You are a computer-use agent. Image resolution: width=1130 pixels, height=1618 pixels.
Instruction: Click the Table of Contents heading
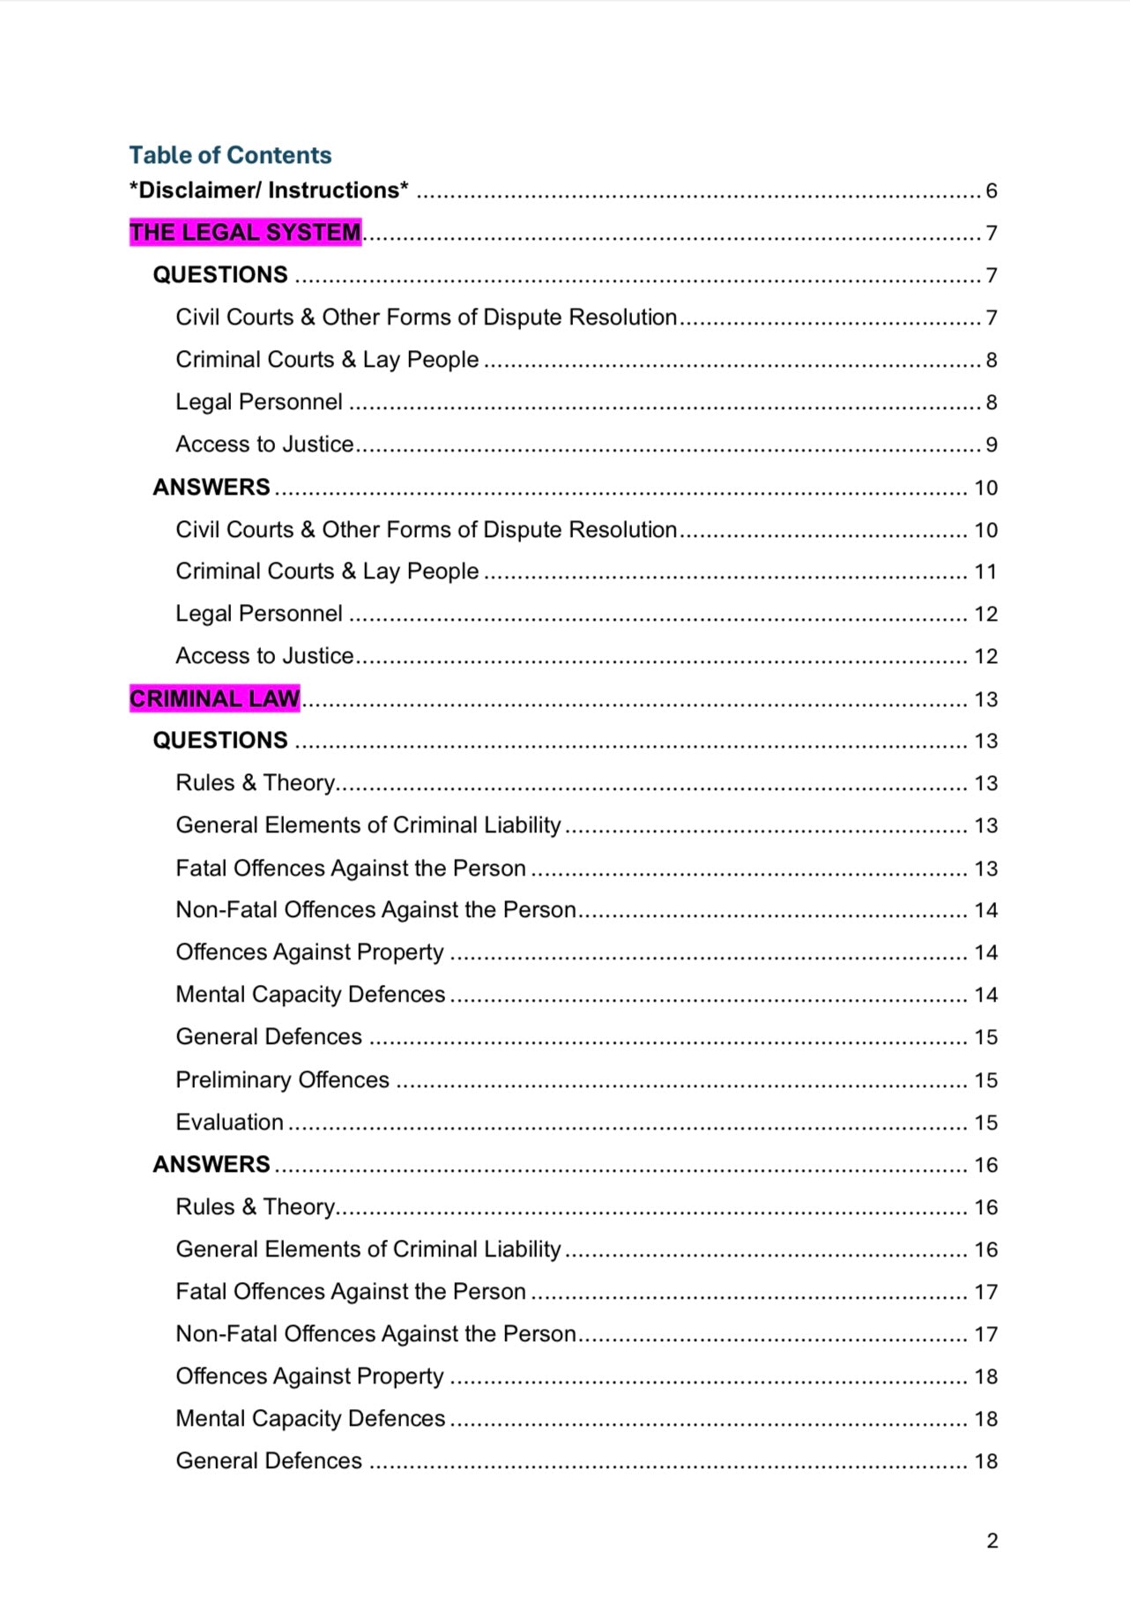[x=230, y=155]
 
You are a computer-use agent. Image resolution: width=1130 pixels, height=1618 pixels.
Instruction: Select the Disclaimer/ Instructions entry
[x=269, y=190]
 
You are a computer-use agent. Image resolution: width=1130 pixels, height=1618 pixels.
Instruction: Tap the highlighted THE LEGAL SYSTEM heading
[x=245, y=233]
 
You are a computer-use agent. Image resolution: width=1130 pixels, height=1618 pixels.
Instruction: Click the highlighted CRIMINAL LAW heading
[x=214, y=699]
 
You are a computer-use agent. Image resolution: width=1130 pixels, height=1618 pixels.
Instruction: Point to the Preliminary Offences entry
[x=282, y=1080]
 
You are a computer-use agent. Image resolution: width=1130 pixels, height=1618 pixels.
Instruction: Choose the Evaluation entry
[x=229, y=1122]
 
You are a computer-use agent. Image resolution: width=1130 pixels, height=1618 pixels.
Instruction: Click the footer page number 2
[x=992, y=1540]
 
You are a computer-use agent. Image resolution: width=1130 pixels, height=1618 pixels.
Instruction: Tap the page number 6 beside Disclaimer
[x=991, y=191]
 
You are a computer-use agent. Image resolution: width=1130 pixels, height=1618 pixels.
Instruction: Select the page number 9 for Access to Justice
[x=991, y=445]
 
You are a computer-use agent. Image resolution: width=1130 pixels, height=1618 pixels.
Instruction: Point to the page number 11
[x=985, y=572]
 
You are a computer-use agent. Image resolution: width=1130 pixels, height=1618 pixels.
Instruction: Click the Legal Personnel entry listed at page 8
[x=258, y=402]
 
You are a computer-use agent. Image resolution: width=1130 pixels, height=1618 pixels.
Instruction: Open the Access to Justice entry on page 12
[x=264, y=656]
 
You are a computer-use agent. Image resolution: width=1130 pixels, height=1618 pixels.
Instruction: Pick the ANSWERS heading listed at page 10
[x=212, y=488]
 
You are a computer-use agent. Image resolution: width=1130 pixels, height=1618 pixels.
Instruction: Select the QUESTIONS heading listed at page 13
[x=220, y=741]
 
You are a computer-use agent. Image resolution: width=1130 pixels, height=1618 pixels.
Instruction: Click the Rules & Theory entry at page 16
[x=255, y=1207]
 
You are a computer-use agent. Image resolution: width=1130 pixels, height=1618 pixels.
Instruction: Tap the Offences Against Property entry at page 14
[x=309, y=952]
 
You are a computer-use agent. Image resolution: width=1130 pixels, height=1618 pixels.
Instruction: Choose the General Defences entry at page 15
[x=269, y=1037]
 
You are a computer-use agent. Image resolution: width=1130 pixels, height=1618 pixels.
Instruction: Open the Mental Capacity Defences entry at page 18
[x=310, y=1419]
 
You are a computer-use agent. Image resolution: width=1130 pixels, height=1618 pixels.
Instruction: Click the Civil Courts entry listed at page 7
[x=426, y=317]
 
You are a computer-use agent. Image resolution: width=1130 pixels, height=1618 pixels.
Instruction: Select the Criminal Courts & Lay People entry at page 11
[x=327, y=571]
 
